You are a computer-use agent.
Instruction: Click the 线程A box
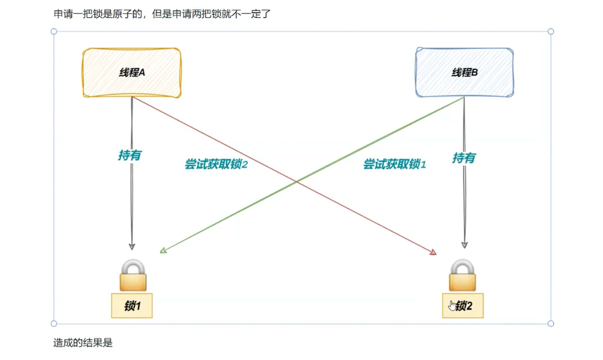[132, 72]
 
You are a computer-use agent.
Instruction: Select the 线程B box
[465, 72]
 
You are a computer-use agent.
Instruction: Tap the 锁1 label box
[132, 305]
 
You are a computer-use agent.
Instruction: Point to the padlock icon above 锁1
[132, 275]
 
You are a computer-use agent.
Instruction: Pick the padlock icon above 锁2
[463, 275]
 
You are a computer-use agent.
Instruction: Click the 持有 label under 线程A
[130, 155]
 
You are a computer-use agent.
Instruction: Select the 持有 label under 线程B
[464, 158]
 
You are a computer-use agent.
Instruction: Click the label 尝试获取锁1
[394, 164]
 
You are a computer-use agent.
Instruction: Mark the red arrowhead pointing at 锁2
[433, 253]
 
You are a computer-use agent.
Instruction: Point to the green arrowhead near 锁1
[163, 251]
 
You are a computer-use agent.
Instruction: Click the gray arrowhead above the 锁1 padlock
[132, 246]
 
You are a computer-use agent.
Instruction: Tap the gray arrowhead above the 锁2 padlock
[464, 244]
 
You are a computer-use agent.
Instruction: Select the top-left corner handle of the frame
[54, 31]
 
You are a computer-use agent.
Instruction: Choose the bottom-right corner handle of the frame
[551, 323]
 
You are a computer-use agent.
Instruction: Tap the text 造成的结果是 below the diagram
[83, 343]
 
